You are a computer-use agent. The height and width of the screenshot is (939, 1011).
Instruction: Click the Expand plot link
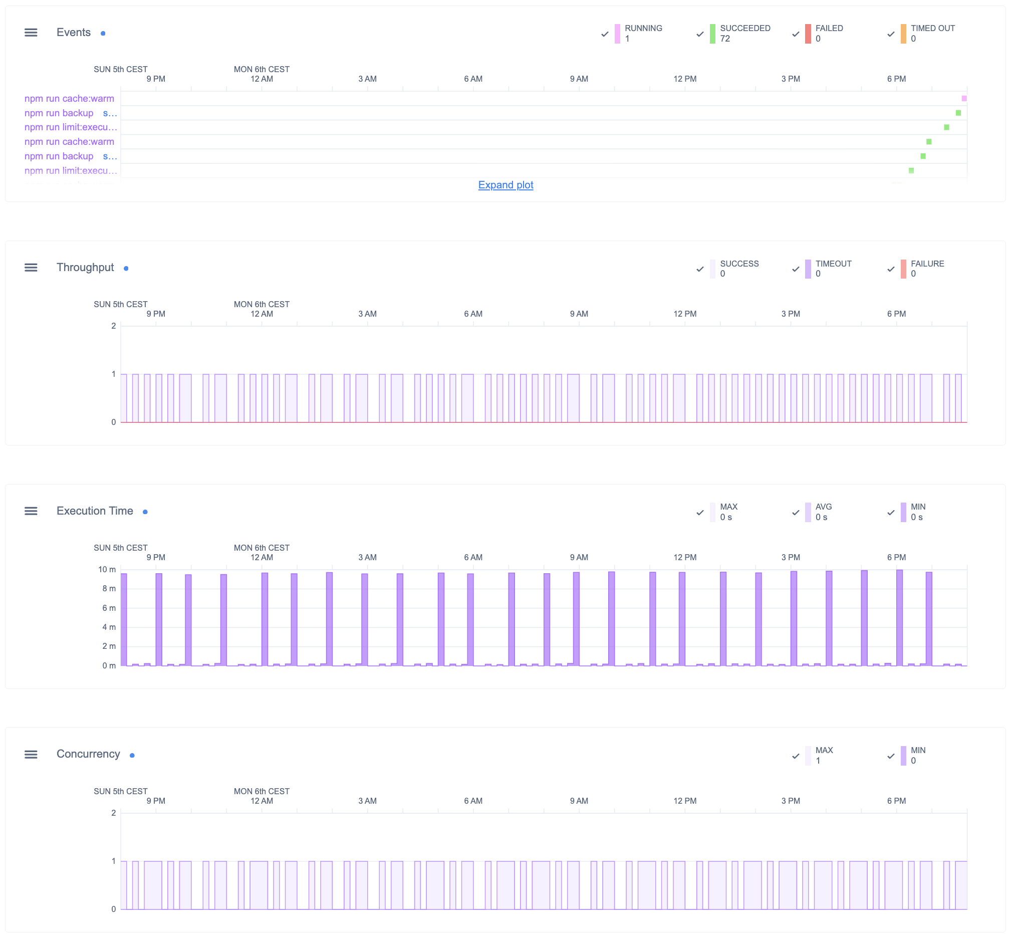[x=505, y=185]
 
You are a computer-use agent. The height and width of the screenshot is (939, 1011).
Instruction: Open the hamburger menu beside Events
[x=31, y=33]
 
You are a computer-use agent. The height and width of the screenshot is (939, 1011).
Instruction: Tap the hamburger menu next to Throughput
[x=31, y=268]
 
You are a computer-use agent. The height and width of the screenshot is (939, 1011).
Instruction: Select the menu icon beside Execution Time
[x=31, y=511]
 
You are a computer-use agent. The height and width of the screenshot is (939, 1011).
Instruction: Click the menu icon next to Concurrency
[x=31, y=755]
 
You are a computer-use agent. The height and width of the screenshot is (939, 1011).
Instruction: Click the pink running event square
[x=964, y=99]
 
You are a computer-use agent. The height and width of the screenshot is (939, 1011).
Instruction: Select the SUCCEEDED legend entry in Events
[x=744, y=34]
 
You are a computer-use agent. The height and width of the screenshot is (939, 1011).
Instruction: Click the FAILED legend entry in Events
[x=829, y=34]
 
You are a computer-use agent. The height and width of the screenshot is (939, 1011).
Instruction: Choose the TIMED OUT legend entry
[x=932, y=34]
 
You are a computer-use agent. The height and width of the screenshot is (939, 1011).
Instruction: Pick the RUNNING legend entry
[x=643, y=34]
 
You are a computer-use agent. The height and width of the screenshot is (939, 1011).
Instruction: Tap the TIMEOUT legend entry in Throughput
[x=833, y=269]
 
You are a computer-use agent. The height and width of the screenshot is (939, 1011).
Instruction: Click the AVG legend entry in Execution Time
[x=823, y=512]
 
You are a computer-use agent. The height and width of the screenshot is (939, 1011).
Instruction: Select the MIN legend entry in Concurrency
[x=917, y=756]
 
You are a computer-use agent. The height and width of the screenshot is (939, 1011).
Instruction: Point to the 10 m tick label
[x=107, y=570]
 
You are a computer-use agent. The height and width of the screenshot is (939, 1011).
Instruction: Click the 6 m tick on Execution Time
[x=109, y=608]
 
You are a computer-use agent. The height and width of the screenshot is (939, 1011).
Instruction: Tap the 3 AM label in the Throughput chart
[x=367, y=314]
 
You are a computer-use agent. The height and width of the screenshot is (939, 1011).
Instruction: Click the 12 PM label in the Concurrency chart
[x=685, y=801]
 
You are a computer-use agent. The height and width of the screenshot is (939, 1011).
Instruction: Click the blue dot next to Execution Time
[x=145, y=512]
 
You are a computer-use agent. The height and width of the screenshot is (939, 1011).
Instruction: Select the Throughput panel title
[x=85, y=268]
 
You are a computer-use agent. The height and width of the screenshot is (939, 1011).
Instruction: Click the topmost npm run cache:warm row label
[x=69, y=99]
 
